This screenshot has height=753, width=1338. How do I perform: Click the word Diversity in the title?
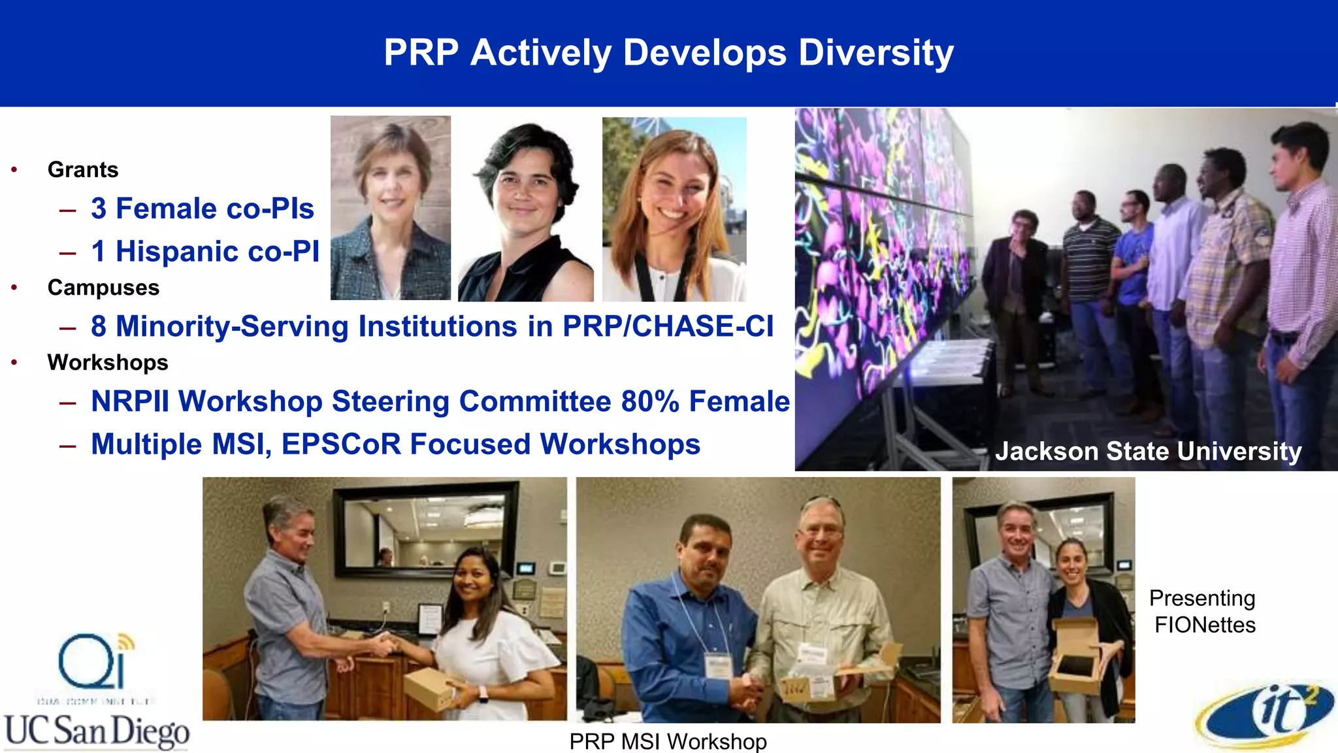(x=875, y=53)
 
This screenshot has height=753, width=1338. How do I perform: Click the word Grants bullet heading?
(x=83, y=170)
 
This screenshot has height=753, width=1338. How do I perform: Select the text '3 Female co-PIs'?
(x=203, y=209)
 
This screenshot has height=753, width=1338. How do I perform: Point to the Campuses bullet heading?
(x=103, y=288)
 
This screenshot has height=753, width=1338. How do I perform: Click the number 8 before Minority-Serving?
(x=99, y=326)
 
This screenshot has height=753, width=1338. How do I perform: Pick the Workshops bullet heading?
(x=108, y=363)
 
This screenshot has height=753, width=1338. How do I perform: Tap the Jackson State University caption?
(x=1148, y=451)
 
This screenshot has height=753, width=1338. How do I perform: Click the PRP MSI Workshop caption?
(x=668, y=741)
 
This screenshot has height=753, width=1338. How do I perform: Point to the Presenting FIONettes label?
(x=1203, y=611)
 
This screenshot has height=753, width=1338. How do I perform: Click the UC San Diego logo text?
(x=97, y=731)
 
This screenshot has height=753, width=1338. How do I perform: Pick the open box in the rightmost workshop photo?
(x=1077, y=656)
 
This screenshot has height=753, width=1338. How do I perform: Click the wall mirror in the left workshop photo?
(x=425, y=529)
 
